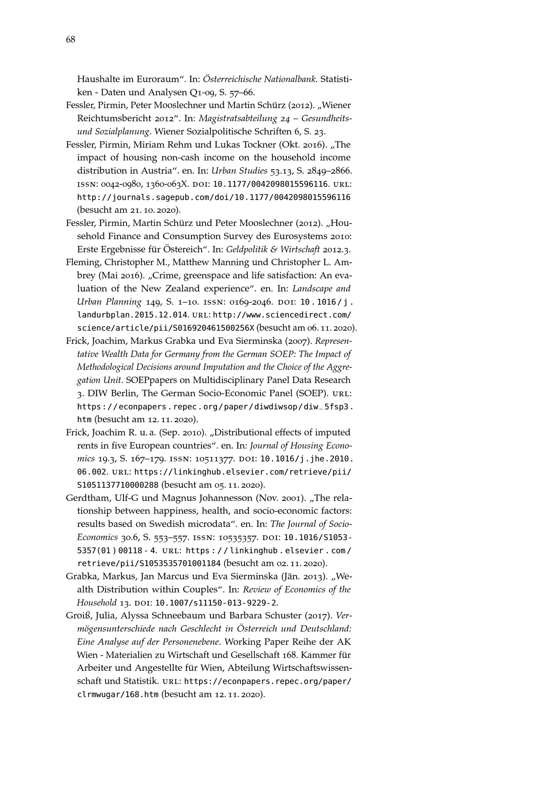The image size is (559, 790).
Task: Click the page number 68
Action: coord(70,40)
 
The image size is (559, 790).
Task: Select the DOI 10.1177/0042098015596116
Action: coord(270,184)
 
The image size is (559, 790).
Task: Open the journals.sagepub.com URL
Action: coord(214,197)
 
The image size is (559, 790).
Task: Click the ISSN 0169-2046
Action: coord(252,302)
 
